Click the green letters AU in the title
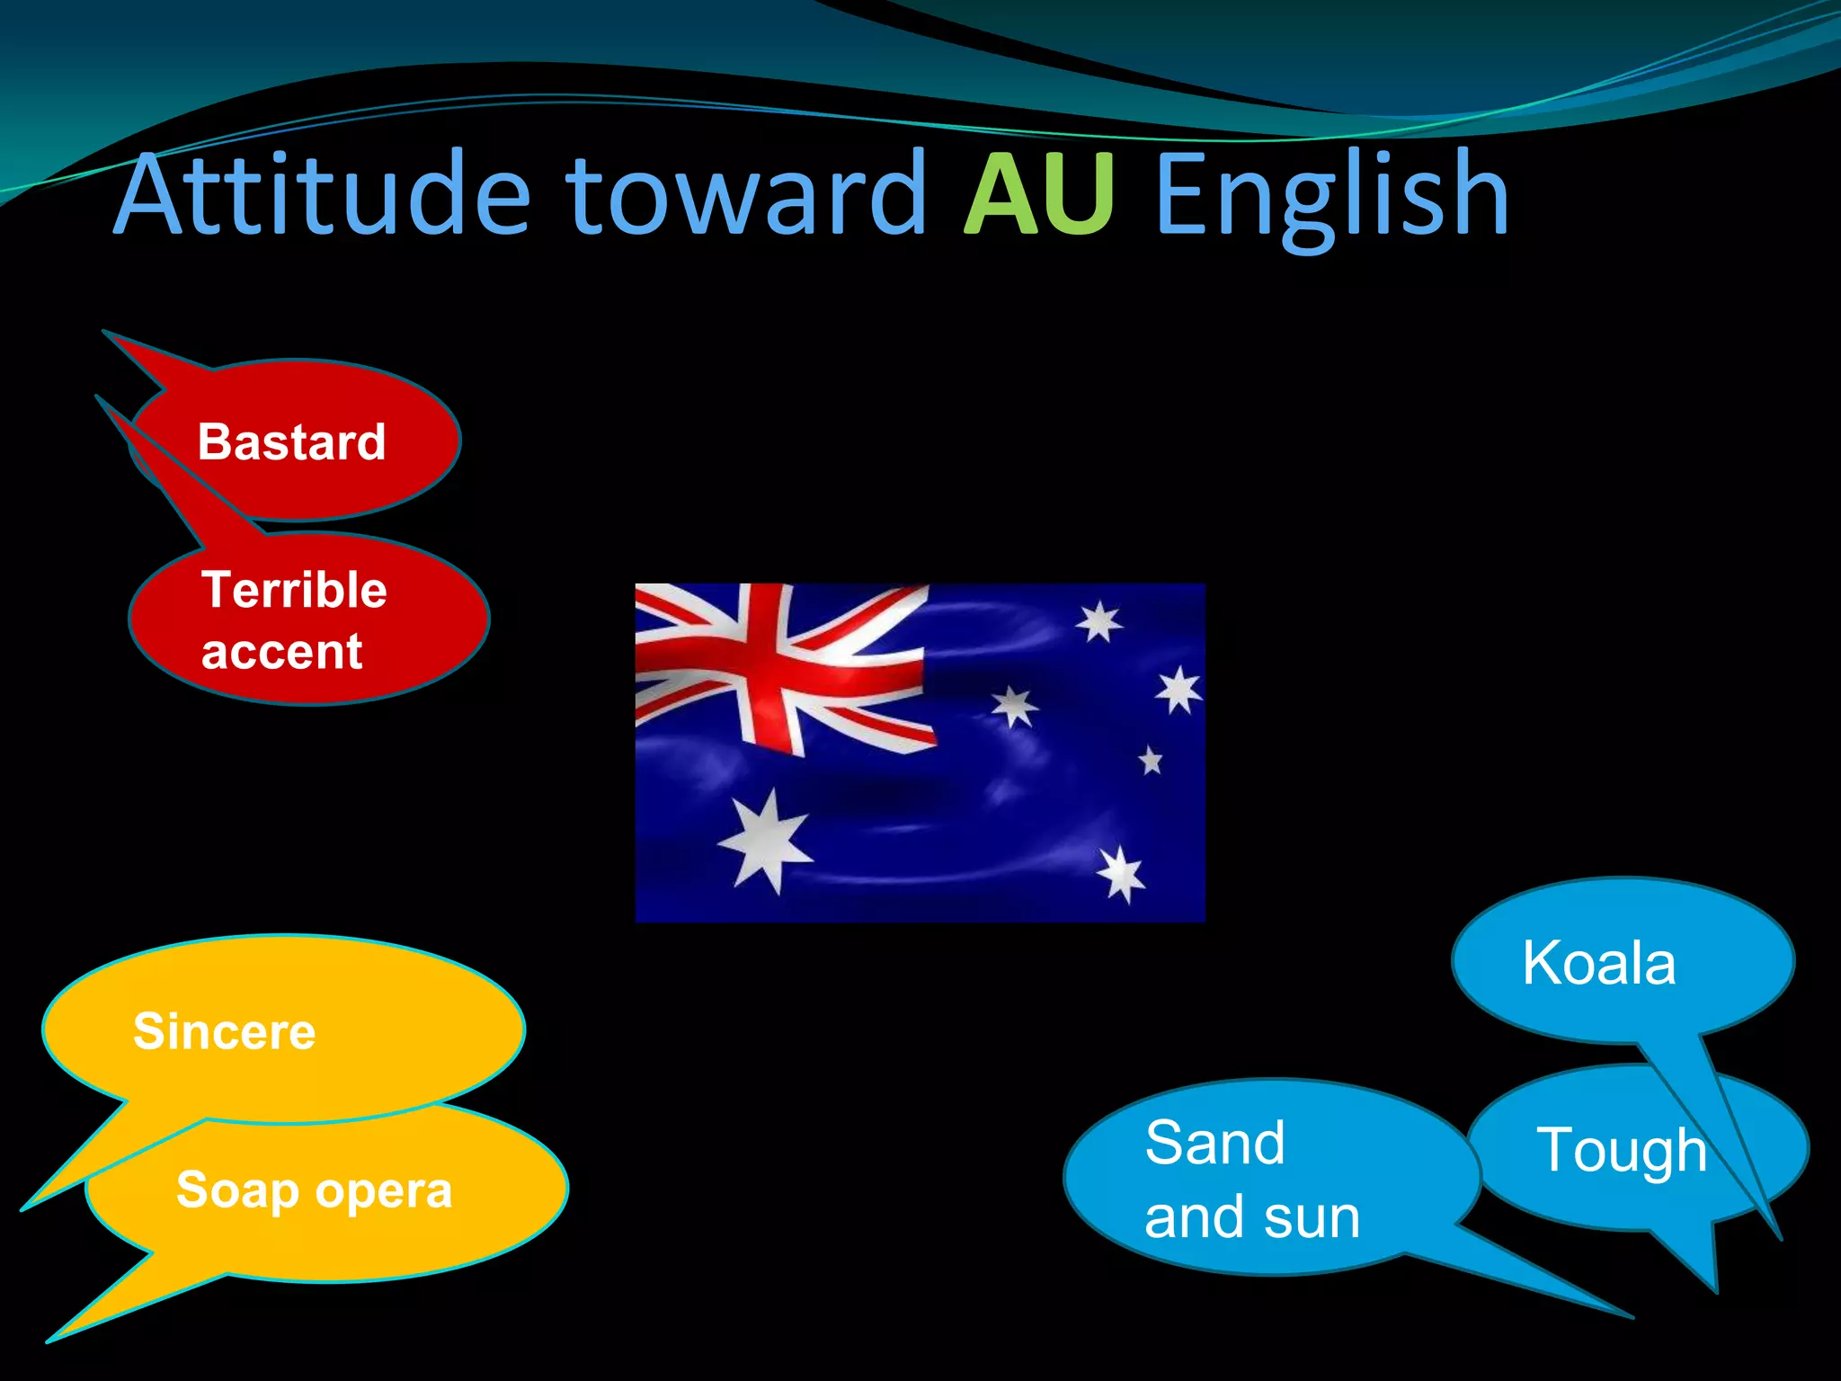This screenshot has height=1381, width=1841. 1040,194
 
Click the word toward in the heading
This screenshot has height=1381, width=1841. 745,194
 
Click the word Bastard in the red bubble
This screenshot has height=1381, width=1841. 291,441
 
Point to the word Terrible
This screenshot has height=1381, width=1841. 294,590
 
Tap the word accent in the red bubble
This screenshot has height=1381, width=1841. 281,651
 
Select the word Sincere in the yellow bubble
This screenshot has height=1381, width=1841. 225,1030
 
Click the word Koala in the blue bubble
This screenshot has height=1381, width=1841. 1598,963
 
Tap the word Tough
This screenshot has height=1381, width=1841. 1621,1150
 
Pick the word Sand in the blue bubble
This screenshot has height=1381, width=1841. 1214,1143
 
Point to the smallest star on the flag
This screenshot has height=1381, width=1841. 1151,761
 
